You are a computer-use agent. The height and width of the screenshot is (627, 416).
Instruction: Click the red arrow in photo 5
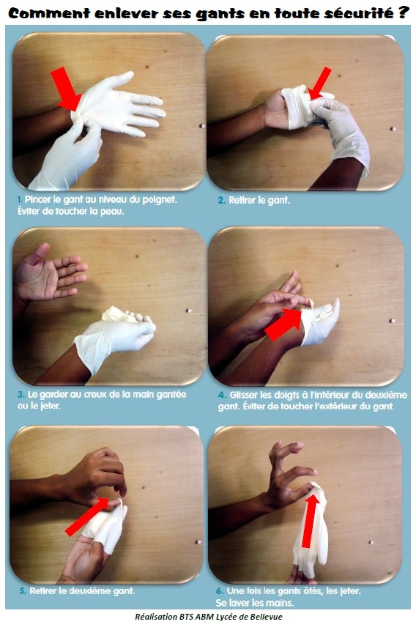coord(86,518)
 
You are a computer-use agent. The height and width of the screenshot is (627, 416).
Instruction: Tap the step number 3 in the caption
coord(20,394)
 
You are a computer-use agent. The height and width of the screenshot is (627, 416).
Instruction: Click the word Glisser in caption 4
coord(245,395)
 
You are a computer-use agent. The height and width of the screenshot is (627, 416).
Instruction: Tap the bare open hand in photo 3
coord(48,275)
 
